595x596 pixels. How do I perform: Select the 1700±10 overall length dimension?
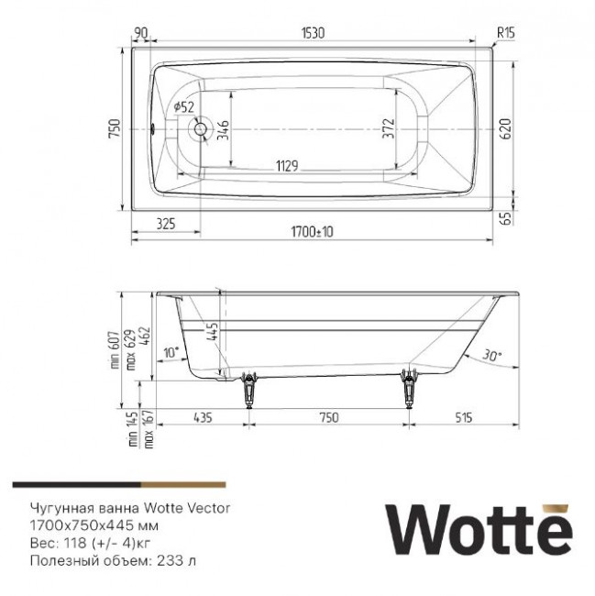coord(307,233)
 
